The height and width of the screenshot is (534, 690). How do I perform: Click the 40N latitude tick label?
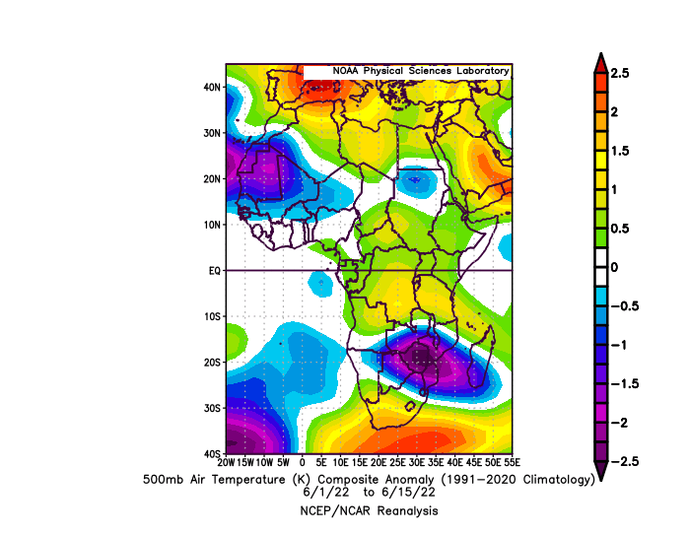coord(212,87)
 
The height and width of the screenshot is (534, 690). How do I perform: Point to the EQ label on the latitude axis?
coord(214,271)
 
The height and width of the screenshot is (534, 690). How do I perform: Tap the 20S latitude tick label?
coord(212,363)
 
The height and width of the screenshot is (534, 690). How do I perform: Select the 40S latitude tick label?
coord(212,453)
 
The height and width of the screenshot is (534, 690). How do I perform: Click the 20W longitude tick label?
coord(226,462)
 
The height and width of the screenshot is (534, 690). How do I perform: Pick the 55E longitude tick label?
coord(512,462)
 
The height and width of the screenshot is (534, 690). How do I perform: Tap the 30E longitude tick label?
coord(416,462)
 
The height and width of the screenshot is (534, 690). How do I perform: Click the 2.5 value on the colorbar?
coord(620,73)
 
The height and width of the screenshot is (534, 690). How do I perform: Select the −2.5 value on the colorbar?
coord(624,461)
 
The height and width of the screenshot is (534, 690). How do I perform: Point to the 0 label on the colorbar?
coord(614,267)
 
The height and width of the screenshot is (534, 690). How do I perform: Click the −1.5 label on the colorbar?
coord(624,383)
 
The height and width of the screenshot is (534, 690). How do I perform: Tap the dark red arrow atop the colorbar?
coord(600,62)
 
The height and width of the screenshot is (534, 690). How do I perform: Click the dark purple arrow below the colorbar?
coord(600,471)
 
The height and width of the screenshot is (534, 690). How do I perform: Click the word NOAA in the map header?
coord(345,71)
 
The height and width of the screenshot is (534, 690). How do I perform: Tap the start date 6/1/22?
coord(326,492)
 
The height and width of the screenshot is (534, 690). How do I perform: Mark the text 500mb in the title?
coord(163,480)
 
